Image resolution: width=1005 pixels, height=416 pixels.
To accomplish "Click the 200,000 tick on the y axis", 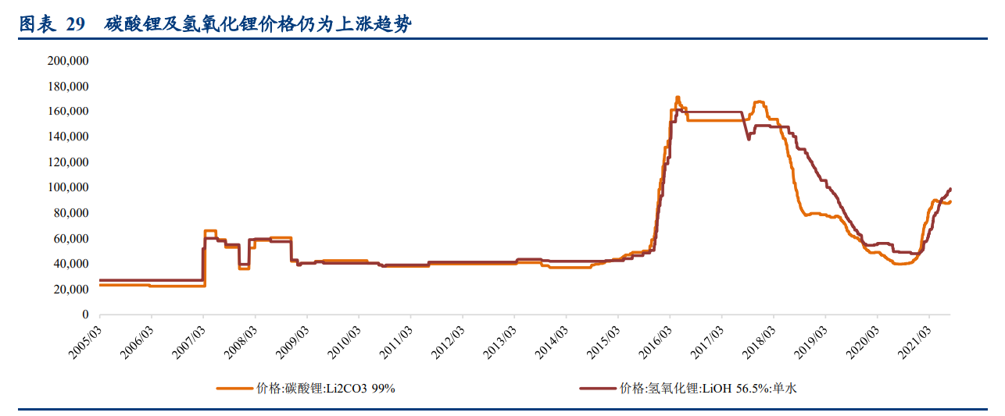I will (x=68, y=60).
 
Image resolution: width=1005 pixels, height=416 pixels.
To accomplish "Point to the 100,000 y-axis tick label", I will (x=68, y=187).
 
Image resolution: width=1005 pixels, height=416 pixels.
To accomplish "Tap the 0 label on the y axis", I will (x=85, y=315).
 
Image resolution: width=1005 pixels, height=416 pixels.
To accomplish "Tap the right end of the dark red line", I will (x=950, y=189).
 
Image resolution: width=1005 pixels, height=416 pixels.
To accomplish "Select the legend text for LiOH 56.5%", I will (x=708, y=388).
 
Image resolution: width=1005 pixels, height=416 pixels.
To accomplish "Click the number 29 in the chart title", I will (x=75, y=25).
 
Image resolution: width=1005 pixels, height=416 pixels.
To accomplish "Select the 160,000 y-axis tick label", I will (x=68, y=111).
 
